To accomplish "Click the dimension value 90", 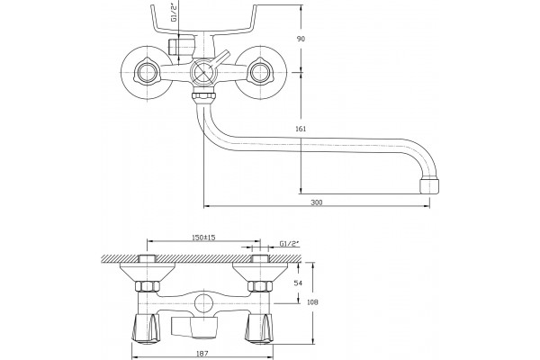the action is click(301, 39).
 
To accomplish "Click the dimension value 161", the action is click(301, 129).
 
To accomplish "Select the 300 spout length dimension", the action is click(317, 202).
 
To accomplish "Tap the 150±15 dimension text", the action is click(203, 238).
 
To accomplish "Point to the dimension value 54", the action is click(298, 283).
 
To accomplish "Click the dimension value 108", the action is click(312, 302).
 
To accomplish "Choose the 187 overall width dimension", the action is click(202, 354).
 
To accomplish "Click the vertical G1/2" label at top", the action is click(175, 13).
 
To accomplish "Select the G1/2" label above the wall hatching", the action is click(289, 244).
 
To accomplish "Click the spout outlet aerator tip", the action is click(429, 186).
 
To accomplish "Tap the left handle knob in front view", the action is click(147, 73).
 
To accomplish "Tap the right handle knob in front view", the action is click(261, 73).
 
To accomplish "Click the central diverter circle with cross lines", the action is click(203, 73).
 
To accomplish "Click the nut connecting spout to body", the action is click(204, 95).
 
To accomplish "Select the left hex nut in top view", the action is click(148, 286).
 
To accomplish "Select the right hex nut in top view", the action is click(260, 286).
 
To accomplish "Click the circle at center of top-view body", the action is click(203, 303).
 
